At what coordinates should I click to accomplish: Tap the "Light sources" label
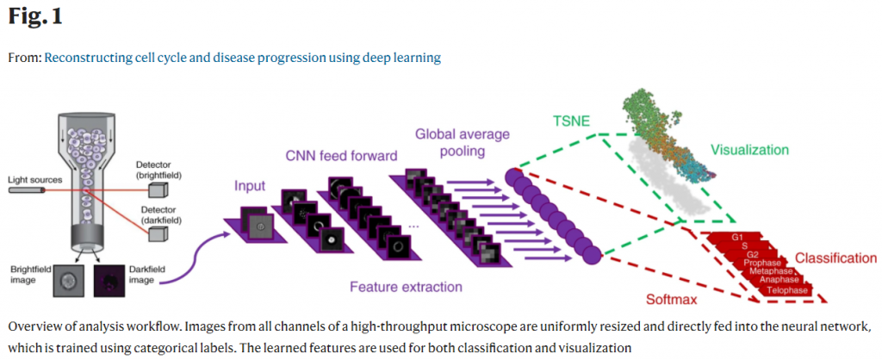point(34,179)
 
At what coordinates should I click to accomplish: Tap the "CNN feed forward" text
point(342,156)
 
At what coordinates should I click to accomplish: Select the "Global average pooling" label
point(463,142)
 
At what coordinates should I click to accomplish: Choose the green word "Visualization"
point(749,150)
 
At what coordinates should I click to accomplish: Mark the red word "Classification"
point(835,258)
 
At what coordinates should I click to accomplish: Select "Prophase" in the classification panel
point(761,262)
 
